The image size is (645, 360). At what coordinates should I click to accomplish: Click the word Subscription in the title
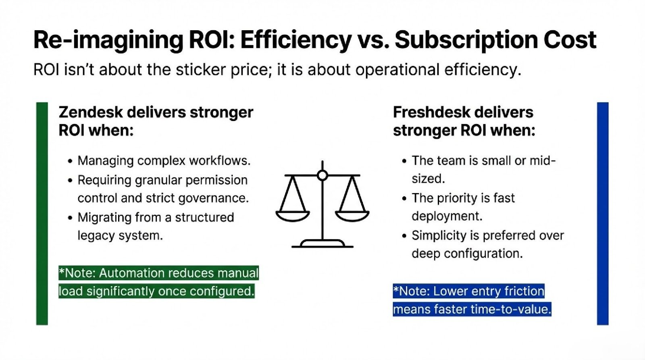pos(466,40)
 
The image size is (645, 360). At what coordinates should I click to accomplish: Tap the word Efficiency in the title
pos(296,40)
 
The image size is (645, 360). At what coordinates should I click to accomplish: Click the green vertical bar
pos(42,213)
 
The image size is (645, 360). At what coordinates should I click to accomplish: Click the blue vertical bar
pos(603,213)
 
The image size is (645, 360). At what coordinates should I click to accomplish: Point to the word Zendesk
pos(91,112)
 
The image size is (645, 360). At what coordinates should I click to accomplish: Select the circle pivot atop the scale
pos(322,175)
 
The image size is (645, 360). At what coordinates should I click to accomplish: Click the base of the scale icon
pos(322,243)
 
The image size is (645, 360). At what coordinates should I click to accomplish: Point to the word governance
pos(213,198)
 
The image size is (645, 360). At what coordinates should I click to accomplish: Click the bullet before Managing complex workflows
pos(70,161)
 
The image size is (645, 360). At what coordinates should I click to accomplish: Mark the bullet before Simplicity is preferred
pos(404,236)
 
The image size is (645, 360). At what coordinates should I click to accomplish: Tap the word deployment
pos(447,216)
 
